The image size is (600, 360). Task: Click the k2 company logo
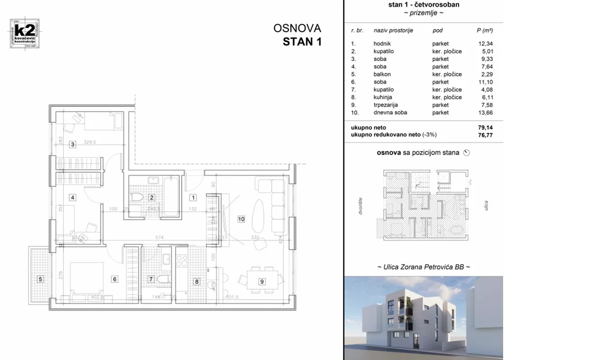click(x=24, y=34)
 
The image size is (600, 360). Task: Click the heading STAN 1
click(x=302, y=42)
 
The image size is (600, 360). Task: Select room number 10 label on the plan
click(x=241, y=219)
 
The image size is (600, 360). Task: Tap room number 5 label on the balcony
click(x=40, y=279)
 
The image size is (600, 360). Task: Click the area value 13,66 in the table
click(x=485, y=113)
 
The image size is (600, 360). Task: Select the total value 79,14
click(x=485, y=127)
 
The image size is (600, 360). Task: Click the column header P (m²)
click(x=484, y=31)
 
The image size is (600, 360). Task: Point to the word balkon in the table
click(x=383, y=75)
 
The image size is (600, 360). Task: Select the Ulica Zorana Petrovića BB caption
click(x=423, y=267)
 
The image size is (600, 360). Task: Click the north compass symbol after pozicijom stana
click(x=466, y=153)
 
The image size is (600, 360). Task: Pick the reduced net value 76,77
click(x=485, y=134)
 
